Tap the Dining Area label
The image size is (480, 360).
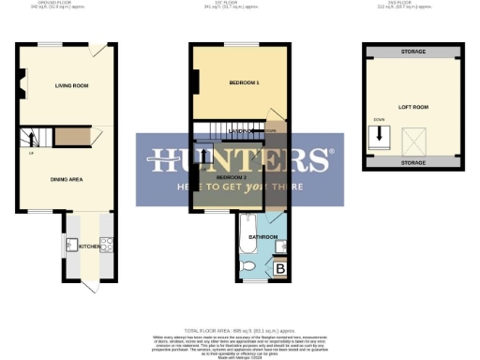point(58,172)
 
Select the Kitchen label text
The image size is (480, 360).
point(88,247)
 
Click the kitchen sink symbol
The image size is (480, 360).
point(70,247)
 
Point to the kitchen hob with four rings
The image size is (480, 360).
point(107,247)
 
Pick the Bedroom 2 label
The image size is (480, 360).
point(231,176)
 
